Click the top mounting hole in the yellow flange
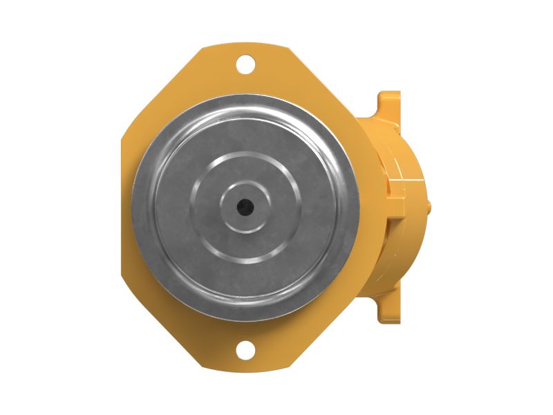pyautogui.click(x=245, y=65)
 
